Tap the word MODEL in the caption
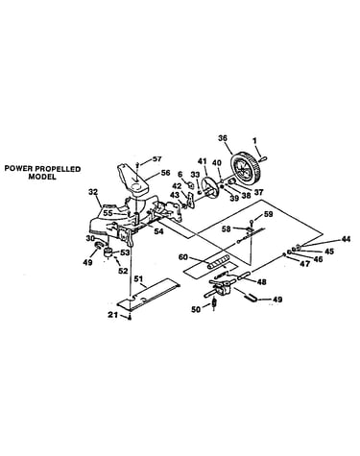point(42,177)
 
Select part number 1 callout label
point(254,140)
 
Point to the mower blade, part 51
point(149,294)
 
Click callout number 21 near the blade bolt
point(112,315)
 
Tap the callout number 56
point(165,173)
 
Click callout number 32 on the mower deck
point(93,192)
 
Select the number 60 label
point(183,257)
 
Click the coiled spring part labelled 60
point(218,261)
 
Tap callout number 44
point(346,239)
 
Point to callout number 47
point(305,264)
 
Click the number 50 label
point(196,309)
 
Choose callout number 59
point(268,214)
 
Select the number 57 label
point(156,158)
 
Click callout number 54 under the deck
point(158,230)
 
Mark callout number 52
point(123,271)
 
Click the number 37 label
point(258,192)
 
